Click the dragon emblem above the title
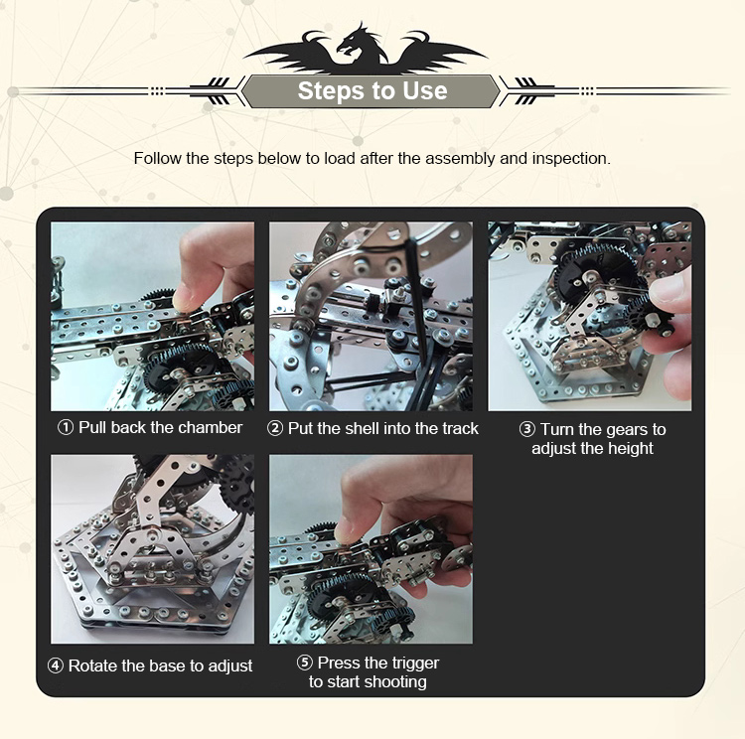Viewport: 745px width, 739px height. point(365,49)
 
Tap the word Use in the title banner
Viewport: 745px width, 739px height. point(425,90)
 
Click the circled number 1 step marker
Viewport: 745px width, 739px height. point(66,427)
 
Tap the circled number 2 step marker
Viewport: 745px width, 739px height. point(275,428)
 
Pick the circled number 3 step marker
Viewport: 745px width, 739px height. point(526,429)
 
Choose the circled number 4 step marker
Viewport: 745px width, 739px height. point(55,665)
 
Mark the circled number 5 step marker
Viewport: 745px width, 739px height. point(305,662)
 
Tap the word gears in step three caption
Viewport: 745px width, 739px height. point(627,430)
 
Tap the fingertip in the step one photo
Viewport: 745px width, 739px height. point(184,300)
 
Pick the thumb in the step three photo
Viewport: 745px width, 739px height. point(669,291)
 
